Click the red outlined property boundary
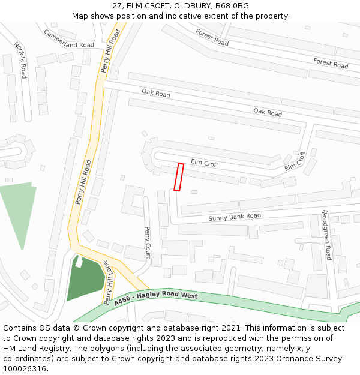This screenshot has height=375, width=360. coord(178,177)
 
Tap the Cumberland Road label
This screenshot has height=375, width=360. coord(68,39)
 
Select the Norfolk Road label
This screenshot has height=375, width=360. coord(21,60)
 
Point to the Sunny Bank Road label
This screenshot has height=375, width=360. coord(235,217)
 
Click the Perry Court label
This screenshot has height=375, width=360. coord(148,242)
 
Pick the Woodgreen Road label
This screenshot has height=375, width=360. coord(326,235)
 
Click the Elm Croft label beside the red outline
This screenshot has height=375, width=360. coord(205,163)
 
